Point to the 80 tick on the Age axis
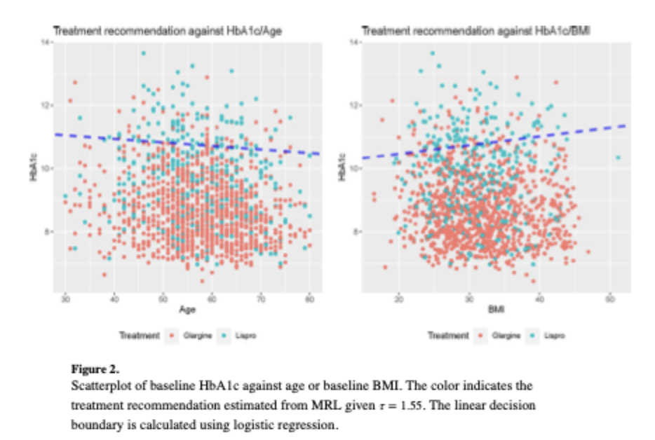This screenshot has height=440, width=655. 309,298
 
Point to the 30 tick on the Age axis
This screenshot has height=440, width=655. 65,298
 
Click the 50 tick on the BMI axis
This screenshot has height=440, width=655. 610,298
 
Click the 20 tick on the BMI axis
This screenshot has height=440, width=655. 399,298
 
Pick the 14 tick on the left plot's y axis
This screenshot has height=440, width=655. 46,43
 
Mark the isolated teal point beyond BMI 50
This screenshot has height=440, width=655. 618,158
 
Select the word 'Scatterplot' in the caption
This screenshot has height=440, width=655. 99,387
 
